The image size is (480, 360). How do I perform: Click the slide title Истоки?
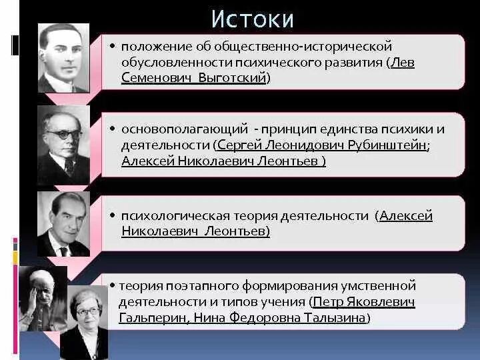tap(252, 19)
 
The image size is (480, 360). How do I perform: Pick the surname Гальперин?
tap(153, 318)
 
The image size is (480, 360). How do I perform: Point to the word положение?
tap(156, 46)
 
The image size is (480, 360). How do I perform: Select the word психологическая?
tap(175, 216)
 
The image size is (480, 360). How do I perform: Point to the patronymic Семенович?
tap(149, 78)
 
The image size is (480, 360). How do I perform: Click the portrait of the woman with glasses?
tap(86, 320)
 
